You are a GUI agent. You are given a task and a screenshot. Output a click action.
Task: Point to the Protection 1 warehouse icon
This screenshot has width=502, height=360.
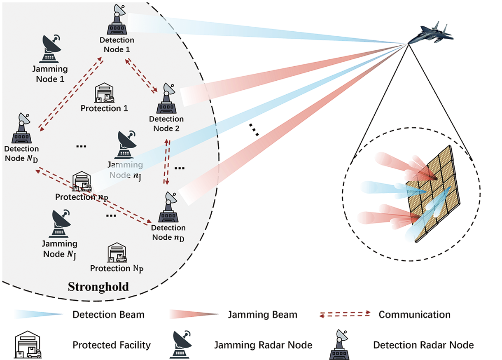tap(104, 92)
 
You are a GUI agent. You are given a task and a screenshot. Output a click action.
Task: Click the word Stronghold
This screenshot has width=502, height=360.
tap(98, 286)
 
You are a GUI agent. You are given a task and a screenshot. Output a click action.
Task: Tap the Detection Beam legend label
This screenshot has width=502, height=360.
tap(108, 315)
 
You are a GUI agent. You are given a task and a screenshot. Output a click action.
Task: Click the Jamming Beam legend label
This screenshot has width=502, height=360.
tap(262, 315)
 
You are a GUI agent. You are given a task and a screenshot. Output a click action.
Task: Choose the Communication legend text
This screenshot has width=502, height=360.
tap(414, 315)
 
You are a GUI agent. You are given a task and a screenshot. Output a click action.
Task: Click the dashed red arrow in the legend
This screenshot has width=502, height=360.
tap(345, 314)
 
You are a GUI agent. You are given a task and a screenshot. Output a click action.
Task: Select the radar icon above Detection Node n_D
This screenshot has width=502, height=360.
tap(168, 208)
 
